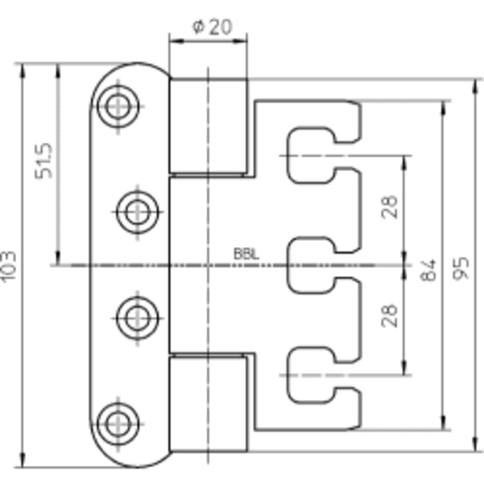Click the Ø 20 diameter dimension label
pos(212,27)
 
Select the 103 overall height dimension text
pos(8,266)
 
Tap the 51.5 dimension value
pos(44,160)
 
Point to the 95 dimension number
pos(461,268)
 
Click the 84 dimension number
pos(429,270)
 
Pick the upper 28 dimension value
pos(389,207)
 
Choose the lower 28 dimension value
pos(389,316)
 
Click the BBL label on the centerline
pos(246,254)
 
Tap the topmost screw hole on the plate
pos(118,106)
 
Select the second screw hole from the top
pos(138,212)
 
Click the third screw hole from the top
pos(138,318)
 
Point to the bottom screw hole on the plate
pos(118,424)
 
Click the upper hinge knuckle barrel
pos(208,126)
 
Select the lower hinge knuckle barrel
pos(208,404)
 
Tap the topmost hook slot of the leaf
pos(310,155)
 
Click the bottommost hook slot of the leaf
pos(310,375)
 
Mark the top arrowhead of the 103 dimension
pos(22,70)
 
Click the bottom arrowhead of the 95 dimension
pos(476,445)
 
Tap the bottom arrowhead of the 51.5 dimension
pos(58,258)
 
